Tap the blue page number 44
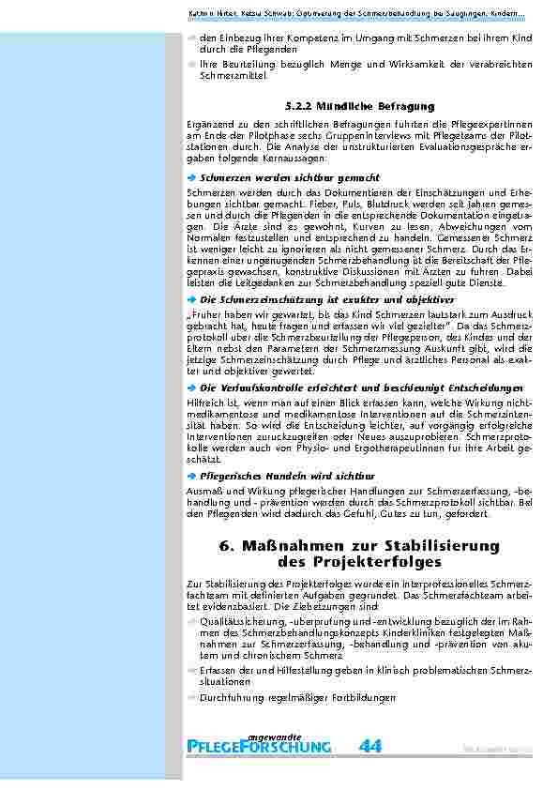370,746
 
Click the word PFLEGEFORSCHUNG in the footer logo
260,748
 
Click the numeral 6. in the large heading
225,546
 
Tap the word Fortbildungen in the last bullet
364,698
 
